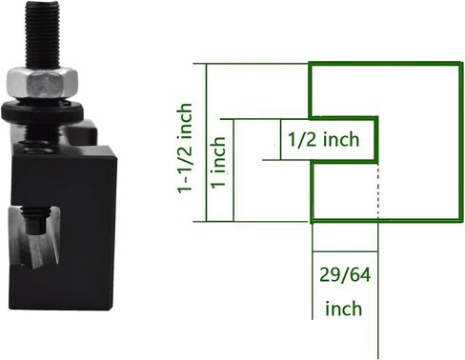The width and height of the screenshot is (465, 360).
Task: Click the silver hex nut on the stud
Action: [42, 82]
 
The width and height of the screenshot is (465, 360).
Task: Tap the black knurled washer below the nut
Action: [42, 111]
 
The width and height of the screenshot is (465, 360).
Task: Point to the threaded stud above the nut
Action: [42, 35]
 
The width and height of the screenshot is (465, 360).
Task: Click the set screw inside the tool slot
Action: [36, 220]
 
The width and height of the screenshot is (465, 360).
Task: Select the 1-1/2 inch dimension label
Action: [185, 148]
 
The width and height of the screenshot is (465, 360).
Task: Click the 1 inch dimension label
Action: [219, 163]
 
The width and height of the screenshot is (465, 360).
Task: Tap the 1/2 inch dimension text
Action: [323, 140]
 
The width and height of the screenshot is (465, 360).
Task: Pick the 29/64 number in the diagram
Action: [345, 275]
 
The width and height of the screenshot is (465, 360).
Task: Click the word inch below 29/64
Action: [344, 309]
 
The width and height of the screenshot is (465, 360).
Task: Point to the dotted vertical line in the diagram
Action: [377, 190]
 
